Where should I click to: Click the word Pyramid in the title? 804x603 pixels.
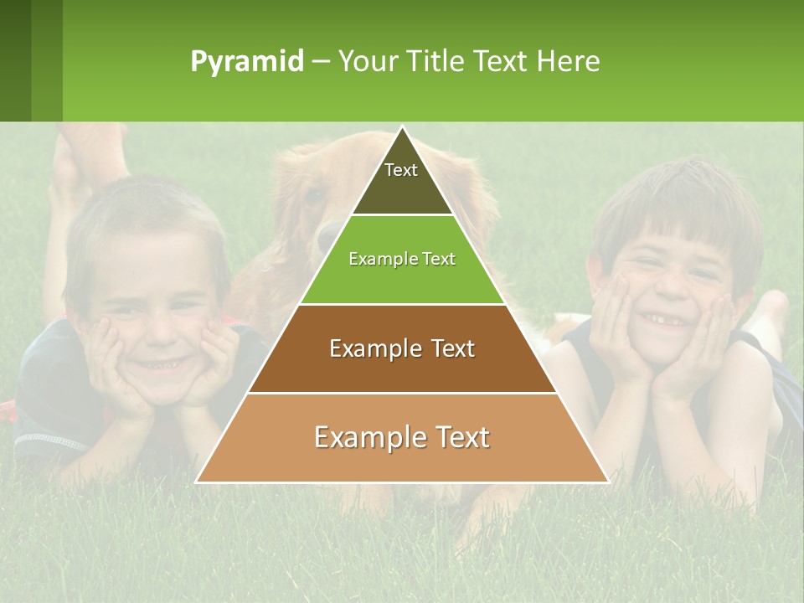(247, 62)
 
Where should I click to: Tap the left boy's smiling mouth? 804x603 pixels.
(159, 364)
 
